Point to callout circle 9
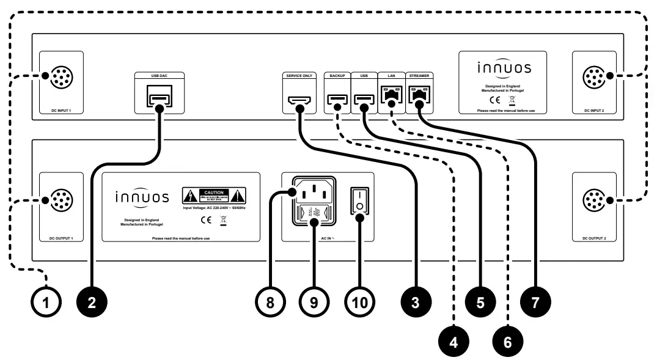[314, 301]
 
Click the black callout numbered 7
[535, 301]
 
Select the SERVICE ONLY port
[299, 100]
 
